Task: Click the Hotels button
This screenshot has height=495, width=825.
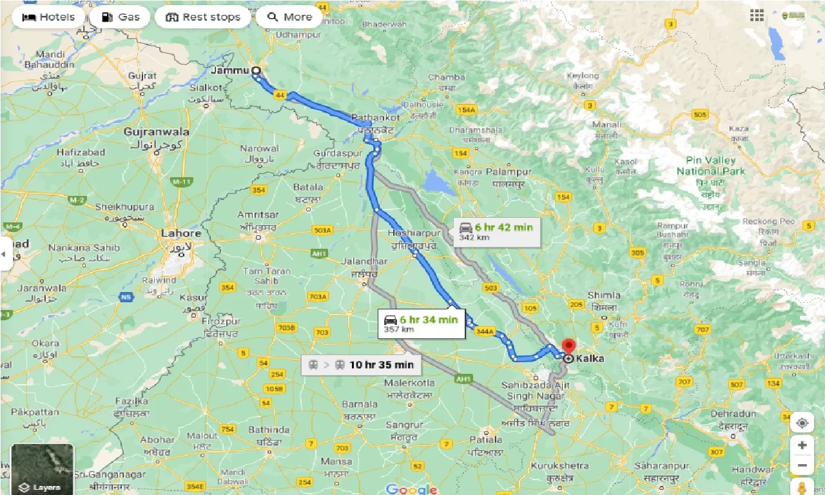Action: click(x=48, y=17)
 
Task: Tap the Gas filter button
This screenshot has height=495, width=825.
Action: click(x=121, y=17)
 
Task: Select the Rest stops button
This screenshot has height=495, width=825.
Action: click(x=203, y=17)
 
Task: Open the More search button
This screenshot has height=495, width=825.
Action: click(x=289, y=17)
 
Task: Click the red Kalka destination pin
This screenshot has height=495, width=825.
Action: click(x=568, y=347)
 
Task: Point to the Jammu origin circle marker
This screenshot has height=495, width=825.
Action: click(x=256, y=71)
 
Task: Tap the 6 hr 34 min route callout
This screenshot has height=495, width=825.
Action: click(x=421, y=323)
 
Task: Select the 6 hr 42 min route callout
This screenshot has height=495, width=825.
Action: click(x=496, y=231)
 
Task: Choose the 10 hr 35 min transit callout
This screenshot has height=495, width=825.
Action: click(x=361, y=365)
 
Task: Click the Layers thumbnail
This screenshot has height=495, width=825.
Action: click(x=42, y=469)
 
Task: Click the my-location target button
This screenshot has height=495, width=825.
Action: click(x=802, y=423)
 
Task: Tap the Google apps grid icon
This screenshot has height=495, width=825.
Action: click(x=757, y=16)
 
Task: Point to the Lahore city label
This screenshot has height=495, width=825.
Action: click(x=181, y=233)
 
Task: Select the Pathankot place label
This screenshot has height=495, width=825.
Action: click(x=376, y=118)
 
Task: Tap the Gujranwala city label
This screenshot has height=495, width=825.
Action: click(x=157, y=131)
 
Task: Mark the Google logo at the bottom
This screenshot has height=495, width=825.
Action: click(x=411, y=489)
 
